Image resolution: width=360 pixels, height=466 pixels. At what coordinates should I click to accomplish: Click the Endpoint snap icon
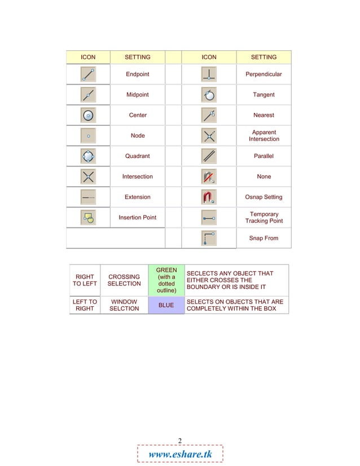pyautogui.click(x=88, y=74)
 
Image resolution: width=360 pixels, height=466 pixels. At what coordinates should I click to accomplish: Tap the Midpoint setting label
pyautogui.click(x=138, y=95)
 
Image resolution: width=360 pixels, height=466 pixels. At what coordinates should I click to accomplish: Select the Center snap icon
pyautogui.click(x=88, y=115)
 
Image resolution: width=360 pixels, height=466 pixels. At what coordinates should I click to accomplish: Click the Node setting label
pyautogui.click(x=138, y=135)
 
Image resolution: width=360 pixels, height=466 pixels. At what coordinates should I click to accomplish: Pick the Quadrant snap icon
pyautogui.click(x=88, y=156)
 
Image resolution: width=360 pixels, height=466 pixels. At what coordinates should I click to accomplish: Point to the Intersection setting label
pyautogui.click(x=138, y=177)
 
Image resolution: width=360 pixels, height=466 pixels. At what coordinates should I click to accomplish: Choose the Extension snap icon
pyautogui.click(x=88, y=197)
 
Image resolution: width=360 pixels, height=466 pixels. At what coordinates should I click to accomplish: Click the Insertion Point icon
pyautogui.click(x=88, y=217)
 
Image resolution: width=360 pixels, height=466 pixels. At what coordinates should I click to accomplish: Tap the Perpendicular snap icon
pyautogui.click(x=209, y=74)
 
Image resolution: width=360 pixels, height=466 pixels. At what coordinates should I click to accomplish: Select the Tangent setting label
pyautogui.click(x=264, y=95)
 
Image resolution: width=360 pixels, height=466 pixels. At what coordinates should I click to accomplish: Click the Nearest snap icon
pyautogui.click(x=209, y=115)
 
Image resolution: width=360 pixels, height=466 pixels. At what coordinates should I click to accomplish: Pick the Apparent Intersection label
pyautogui.click(x=264, y=135)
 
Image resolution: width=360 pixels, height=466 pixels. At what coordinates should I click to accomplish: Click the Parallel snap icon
pyautogui.click(x=209, y=156)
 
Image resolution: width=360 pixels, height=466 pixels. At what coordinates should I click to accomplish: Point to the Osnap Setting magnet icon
pyautogui.click(x=209, y=197)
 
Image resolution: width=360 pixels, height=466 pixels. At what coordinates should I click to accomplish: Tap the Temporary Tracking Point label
pyautogui.click(x=264, y=217)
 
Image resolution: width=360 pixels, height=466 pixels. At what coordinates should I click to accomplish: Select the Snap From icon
pyautogui.click(x=209, y=238)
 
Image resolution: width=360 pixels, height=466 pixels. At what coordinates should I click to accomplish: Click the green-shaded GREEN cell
pyautogui.click(x=166, y=280)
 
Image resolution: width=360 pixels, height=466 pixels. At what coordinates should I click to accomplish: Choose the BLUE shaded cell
pyautogui.click(x=166, y=305)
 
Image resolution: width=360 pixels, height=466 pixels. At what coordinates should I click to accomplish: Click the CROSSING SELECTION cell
pyautogui.click(x=124, y=280)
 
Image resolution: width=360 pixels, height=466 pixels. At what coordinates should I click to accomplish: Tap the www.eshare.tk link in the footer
pyautogui.click(x=180, y=455)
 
